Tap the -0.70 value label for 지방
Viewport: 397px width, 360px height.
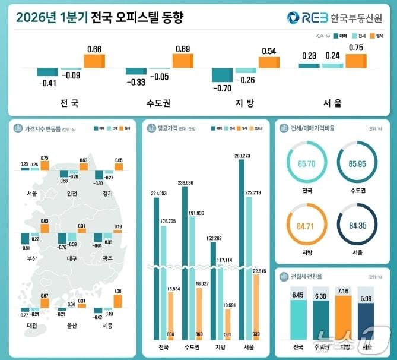(223, 88)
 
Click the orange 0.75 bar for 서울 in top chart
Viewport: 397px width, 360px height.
(356, 61)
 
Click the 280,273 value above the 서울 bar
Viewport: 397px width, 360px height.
(243, 156)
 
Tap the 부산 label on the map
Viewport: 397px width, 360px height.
(31, 258)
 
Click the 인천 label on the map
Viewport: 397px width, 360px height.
(72, 193)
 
